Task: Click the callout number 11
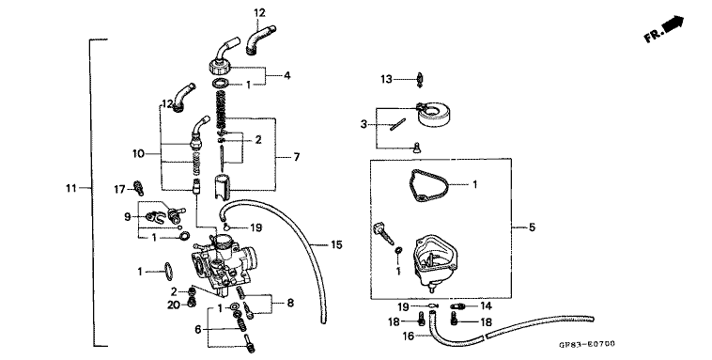tap(70, 189)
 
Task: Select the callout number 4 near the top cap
tap(287, 73)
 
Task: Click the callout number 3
tap(363, 123)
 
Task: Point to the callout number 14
tap(486, 305)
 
